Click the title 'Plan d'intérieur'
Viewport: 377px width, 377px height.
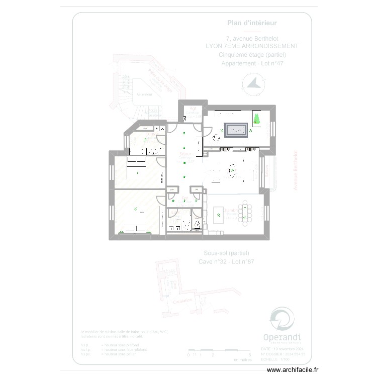(252, 23)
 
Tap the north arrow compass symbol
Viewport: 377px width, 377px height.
(254, 84)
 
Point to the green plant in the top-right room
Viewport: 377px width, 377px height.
(257, 119)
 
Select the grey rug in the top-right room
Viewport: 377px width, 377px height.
(236, 130)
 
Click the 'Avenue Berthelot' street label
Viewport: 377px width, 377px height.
(295, 169)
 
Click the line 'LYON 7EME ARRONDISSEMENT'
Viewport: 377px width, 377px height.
(252, 46)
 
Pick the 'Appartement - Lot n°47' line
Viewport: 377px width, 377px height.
(252, 63)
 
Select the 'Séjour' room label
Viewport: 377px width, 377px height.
(185, 154)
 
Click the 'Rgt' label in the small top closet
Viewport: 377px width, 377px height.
(192, 108)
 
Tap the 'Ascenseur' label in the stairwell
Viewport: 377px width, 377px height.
(144, 94)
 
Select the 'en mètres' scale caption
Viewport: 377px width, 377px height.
(242, 360)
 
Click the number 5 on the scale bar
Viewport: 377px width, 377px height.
(250, 355)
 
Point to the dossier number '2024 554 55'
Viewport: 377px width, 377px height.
(293, 354)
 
